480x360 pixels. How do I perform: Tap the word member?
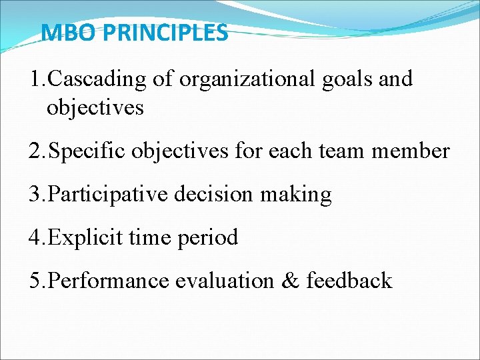[x=410, y=151]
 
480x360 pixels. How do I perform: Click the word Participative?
[x=109, y=195]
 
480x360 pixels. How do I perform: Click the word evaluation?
[x=223, y=281]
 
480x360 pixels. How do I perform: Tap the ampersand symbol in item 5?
[x=289, y=281]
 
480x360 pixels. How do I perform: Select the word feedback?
[x=349, y=281]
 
